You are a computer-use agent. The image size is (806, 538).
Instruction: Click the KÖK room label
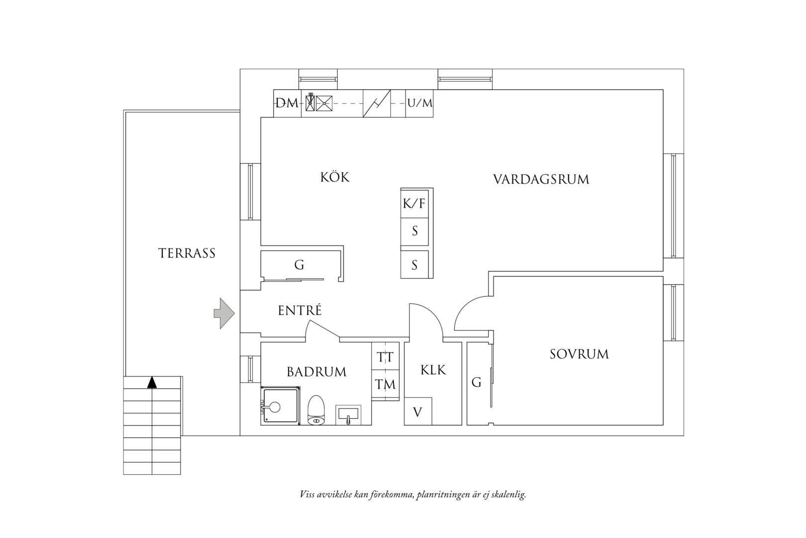coord(335,177)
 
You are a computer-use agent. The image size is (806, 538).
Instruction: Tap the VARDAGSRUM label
coord(541,179)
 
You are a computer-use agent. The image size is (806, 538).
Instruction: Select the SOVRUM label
coord(579,354)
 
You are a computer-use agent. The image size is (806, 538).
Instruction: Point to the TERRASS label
coord(187,254)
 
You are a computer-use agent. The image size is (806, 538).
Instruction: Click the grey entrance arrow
coord(224,313)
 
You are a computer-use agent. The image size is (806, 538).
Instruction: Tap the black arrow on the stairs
coord(152,383)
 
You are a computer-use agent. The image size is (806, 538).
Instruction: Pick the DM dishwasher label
coord(287,104)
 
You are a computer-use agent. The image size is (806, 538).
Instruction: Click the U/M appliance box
coord(419,104)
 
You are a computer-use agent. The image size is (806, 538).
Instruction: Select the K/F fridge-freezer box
coord(415,204)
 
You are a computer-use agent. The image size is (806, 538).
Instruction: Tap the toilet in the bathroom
coord(316,410)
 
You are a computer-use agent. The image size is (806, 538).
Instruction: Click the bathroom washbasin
coord(348,415)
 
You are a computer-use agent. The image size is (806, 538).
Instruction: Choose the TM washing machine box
coord(386,385)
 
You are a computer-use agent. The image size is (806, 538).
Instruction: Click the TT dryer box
coord(386,356)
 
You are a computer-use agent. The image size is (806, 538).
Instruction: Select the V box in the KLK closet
coord(418,411)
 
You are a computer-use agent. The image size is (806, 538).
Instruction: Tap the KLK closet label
coord(433,370)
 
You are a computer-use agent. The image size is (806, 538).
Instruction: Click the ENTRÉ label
coord(300,310)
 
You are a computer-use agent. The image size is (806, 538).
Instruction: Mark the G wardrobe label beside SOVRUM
coord(477,383)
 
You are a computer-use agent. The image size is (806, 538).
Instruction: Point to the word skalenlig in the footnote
coord(511,495)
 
